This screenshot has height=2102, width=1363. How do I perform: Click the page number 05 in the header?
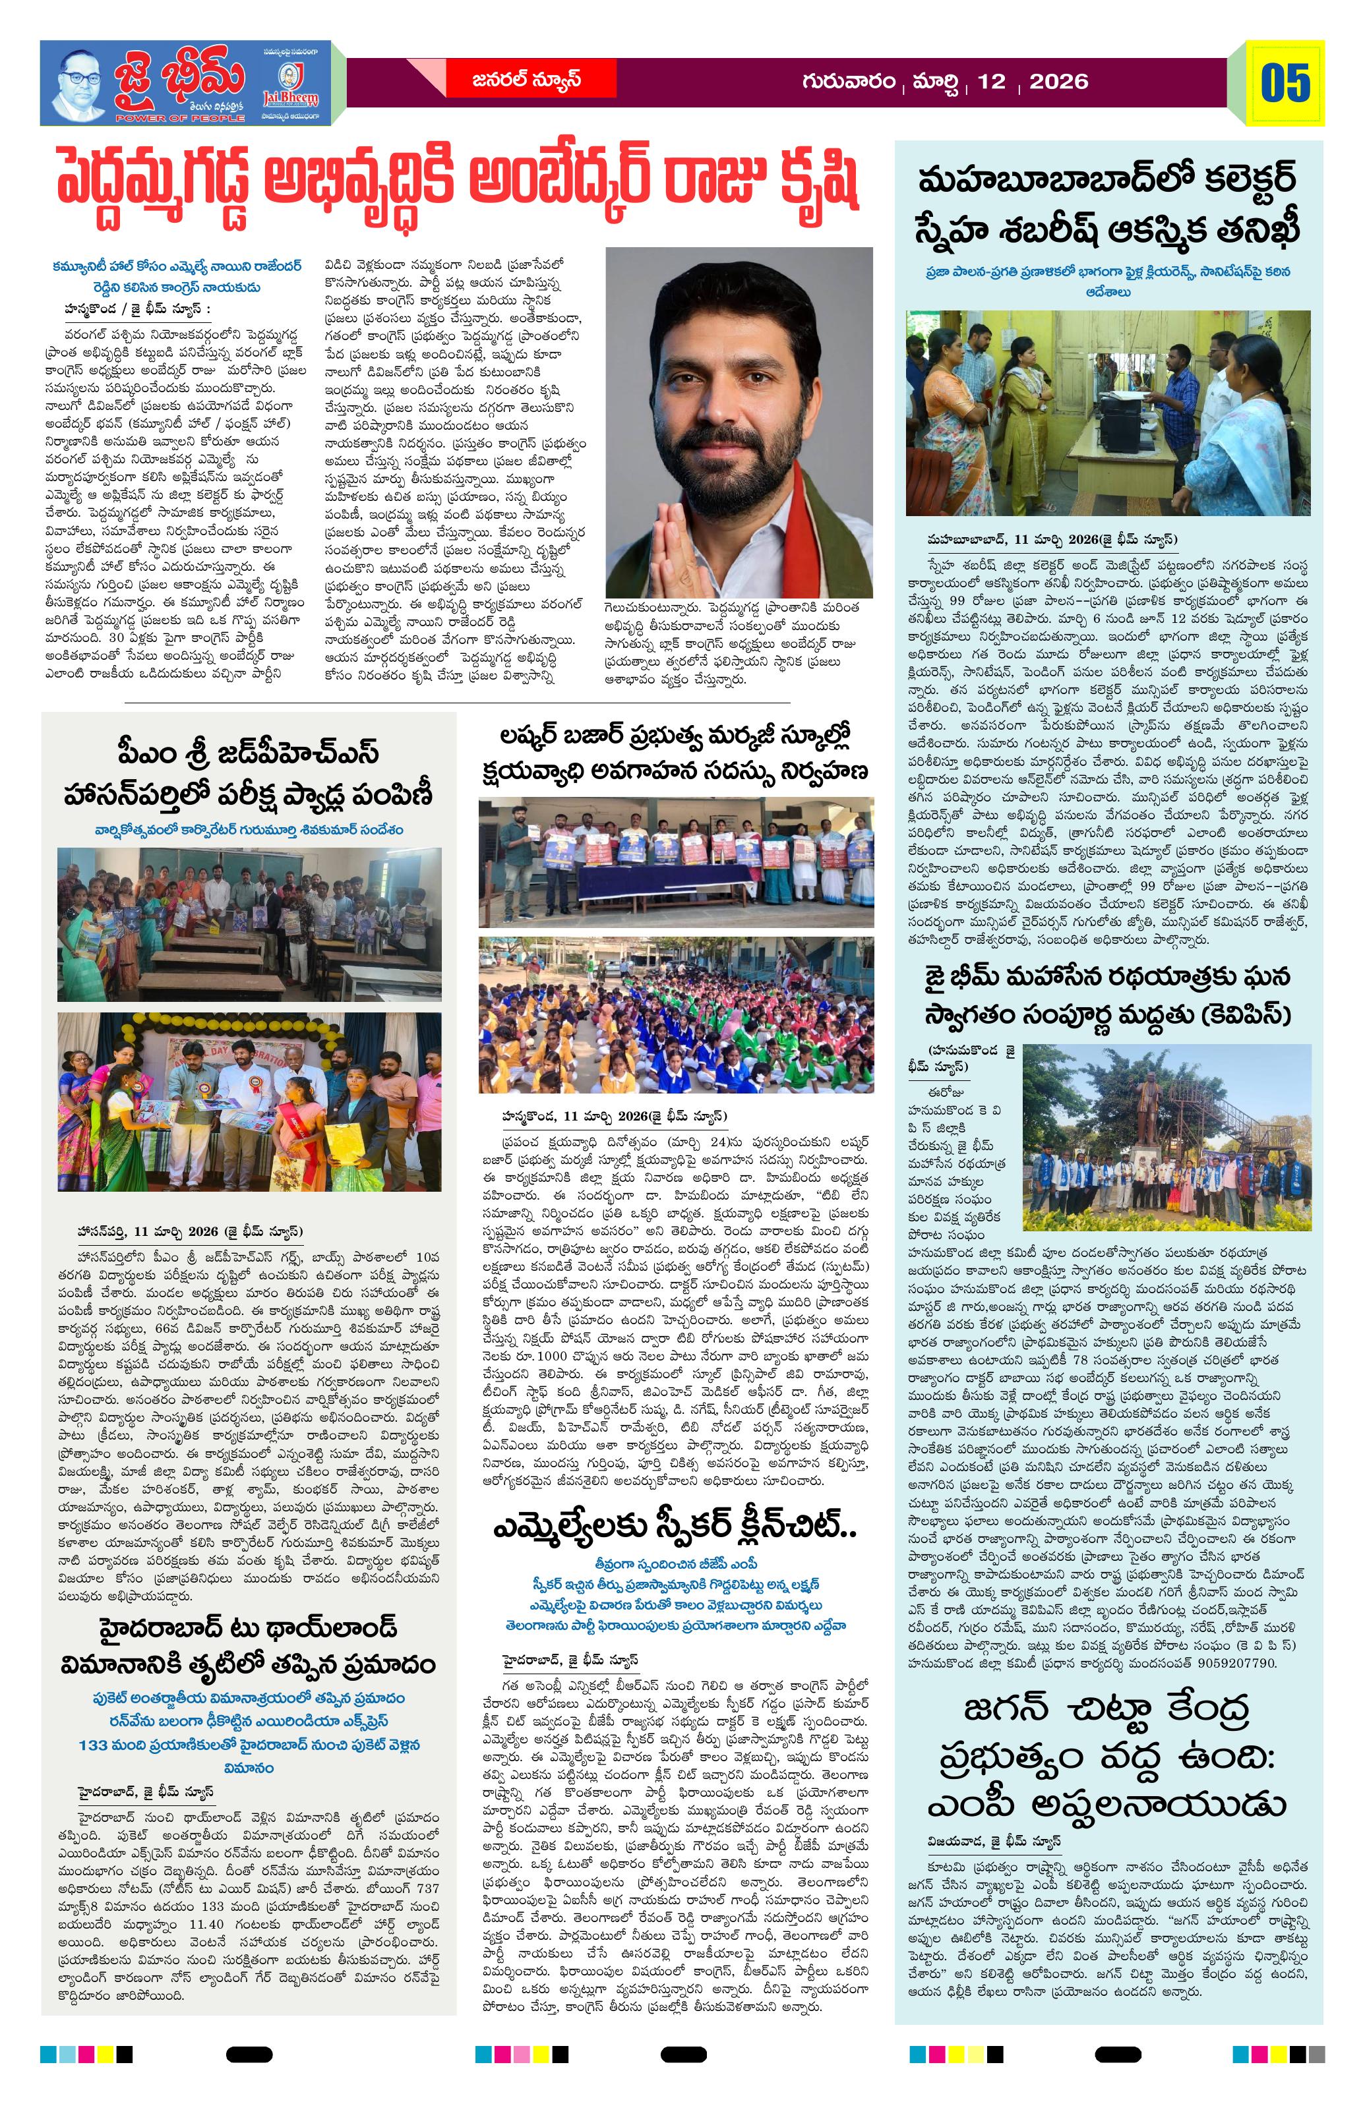tap(1285, 84)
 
